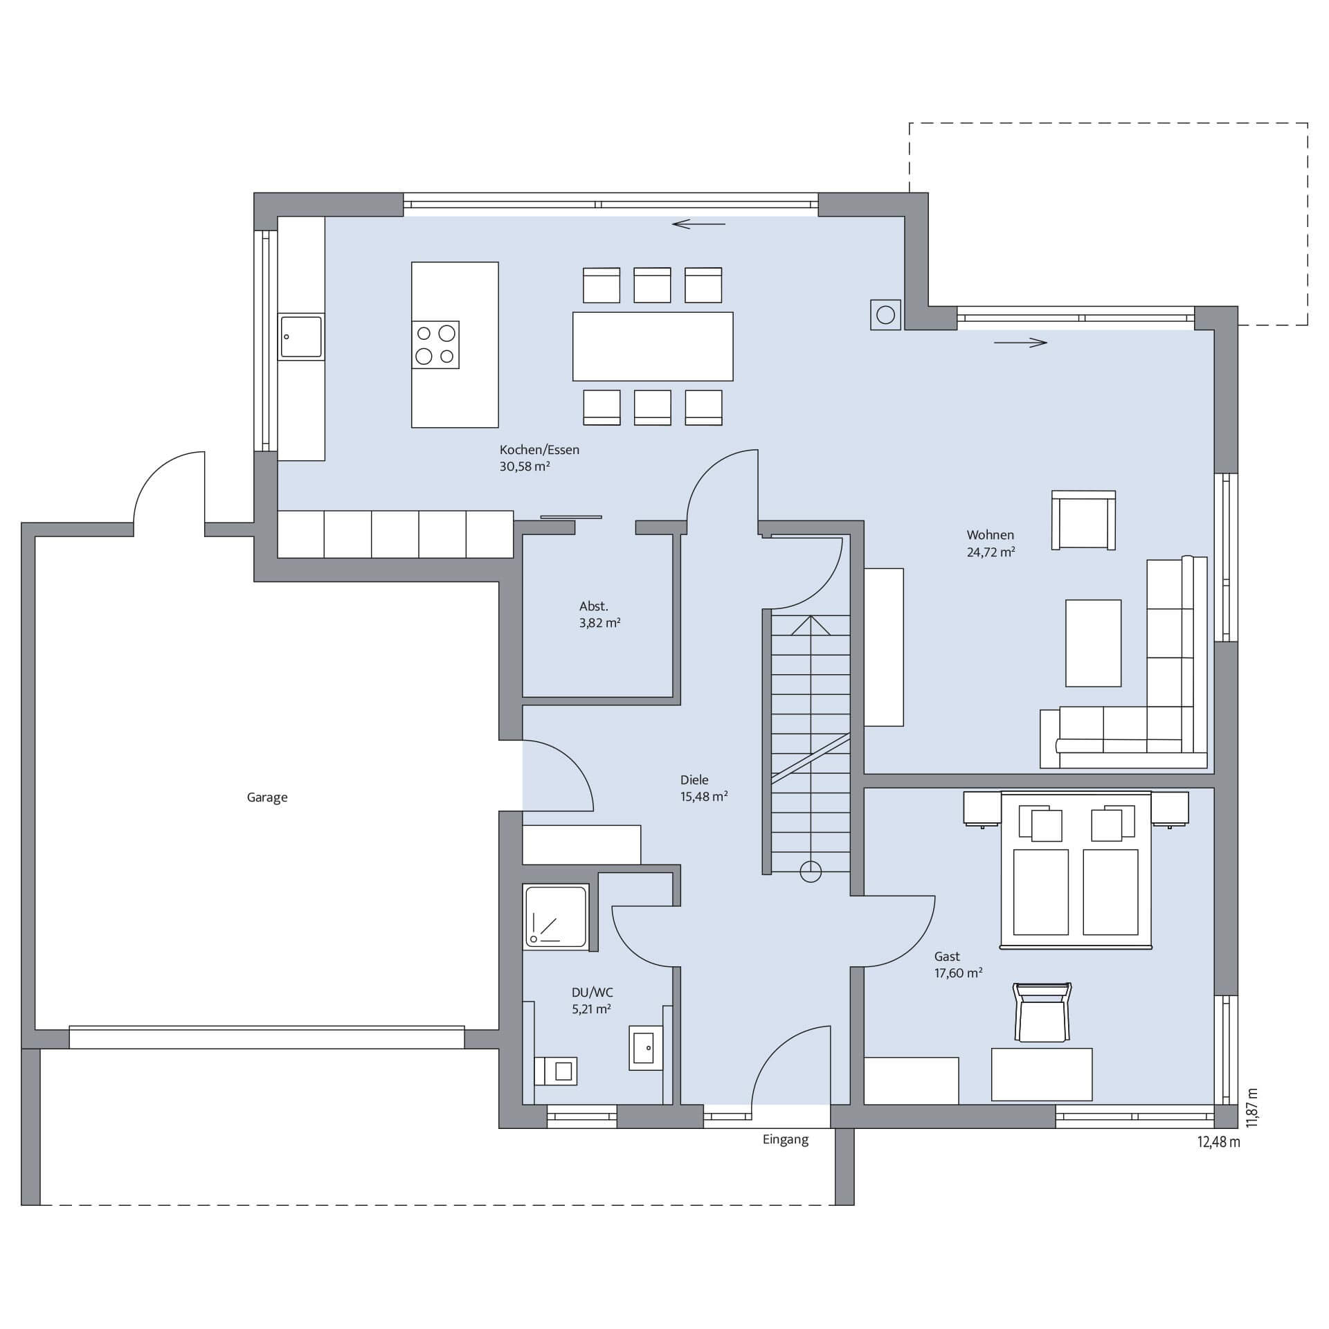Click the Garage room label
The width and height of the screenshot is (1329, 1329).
click(x=267, y=797)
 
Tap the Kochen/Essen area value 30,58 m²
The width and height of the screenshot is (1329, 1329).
click(x=525, y=467)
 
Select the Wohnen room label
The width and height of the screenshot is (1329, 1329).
click(x=991, y=535)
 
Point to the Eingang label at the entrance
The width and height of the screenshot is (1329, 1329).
click(x=786, y=1139)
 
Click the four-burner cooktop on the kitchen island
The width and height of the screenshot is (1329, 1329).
click(x=435, y=345)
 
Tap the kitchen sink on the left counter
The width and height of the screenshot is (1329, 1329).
click(x=301, y=336)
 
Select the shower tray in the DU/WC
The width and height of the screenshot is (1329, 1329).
click(x=557, y=915)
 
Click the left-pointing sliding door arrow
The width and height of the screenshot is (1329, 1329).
click(x=698, y=224)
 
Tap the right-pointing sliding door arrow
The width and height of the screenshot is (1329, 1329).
click(x=1020, y=342)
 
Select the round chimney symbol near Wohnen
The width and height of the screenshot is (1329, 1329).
click(x=885, y=315)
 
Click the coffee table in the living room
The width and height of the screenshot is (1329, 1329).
click(x=1093, y=643)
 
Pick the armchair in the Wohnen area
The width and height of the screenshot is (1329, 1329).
click(x=1083, y=521)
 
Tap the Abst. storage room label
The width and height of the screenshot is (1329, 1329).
click(x=594, y=606)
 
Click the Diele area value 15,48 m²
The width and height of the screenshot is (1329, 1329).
click(x=704, y=797)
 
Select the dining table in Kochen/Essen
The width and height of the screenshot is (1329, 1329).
click(x=653, y=346)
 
